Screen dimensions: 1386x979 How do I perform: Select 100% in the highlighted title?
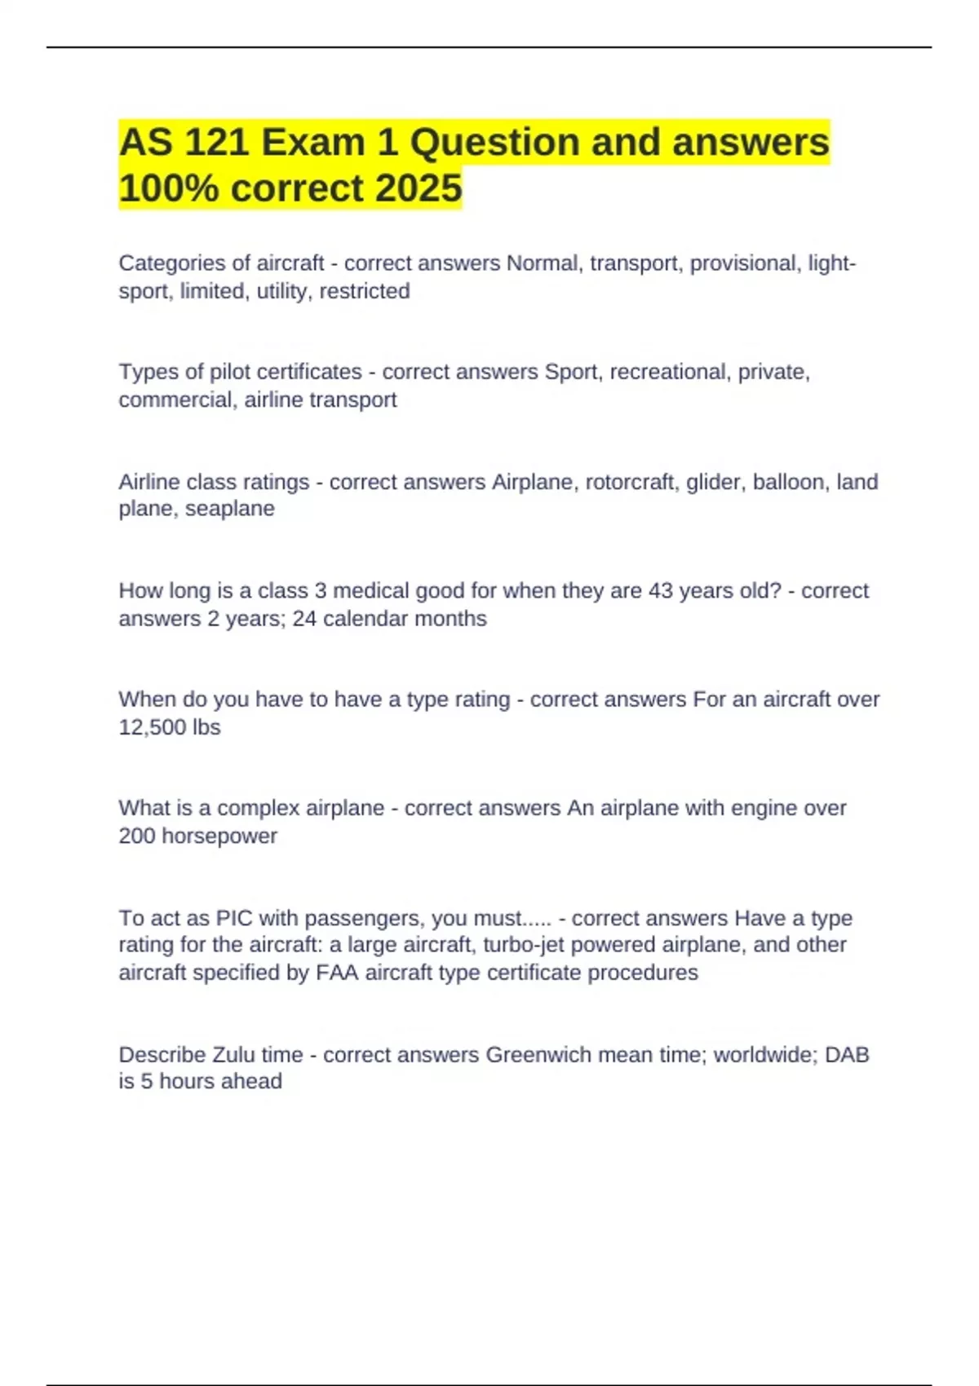(x=169, y=188)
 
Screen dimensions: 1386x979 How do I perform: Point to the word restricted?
(x=365, y=291)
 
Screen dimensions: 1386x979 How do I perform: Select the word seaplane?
(x=230, y=509)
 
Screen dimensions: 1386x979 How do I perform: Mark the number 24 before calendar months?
(x=304, y=619)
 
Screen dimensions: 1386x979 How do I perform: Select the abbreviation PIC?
(x=234, y=918)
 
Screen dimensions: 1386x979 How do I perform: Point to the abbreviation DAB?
(x=847, y=1055)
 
